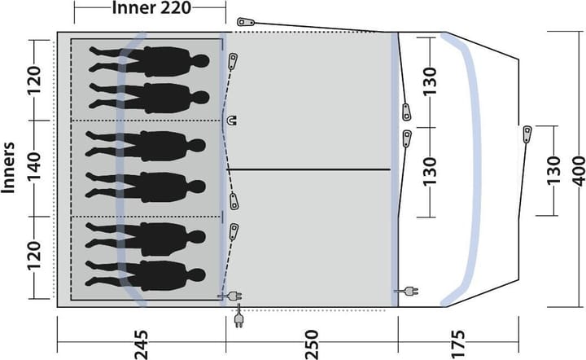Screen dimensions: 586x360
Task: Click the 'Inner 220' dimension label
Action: [x=151, y=8]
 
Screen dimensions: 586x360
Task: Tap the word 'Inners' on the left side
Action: [x=8, y=168]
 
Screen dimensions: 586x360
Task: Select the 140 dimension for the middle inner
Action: [x=33, y=169]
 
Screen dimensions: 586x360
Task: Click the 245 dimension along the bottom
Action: [x=142, y=345]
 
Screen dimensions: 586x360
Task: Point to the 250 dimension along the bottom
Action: [x=311, y=345]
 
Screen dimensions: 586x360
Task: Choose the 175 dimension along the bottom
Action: [x=458, y=345]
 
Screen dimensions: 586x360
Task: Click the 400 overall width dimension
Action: [x=578, y=171]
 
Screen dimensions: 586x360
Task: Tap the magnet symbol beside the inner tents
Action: [x=232, y=121]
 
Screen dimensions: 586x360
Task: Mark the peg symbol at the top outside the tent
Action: [x=246, y=22]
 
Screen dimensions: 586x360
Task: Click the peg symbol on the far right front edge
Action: [x=527, y=134]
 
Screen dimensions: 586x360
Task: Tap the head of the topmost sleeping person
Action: [x=200, y=61]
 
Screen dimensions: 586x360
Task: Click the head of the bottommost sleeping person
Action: [x=197, y=276]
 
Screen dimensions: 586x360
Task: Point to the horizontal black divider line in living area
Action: [x=308, y=169]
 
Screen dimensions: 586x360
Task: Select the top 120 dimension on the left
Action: [x=33, y=81]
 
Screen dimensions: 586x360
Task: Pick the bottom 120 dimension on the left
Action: [x=33, y=256]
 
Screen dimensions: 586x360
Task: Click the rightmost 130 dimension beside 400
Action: [x=553, y=170]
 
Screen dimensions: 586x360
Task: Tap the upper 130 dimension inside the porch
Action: [x=430, y=81]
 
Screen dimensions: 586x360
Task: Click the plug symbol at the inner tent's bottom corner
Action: [x=230, y=296]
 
